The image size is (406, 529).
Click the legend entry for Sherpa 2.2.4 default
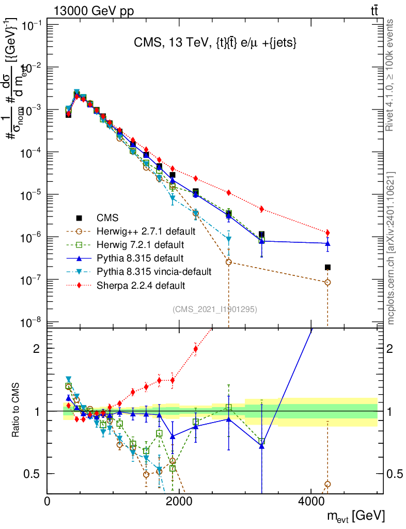(140, 285)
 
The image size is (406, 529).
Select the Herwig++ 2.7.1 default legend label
(145, 230)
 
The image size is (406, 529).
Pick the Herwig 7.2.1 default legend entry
(140, 244)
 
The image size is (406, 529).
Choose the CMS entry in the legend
(107, 217)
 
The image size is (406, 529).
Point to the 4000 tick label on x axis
(311, 501)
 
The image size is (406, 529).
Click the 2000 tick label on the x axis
(179, 501)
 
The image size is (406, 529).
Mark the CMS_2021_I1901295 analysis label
(215, 309)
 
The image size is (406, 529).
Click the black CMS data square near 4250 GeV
(327, 267)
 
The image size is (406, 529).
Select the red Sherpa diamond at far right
(327, 232)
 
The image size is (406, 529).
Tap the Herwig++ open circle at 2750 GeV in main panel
(229, 262)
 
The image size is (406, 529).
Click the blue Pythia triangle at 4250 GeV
(327, 243)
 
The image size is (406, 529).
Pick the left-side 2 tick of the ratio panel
(37, 348)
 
